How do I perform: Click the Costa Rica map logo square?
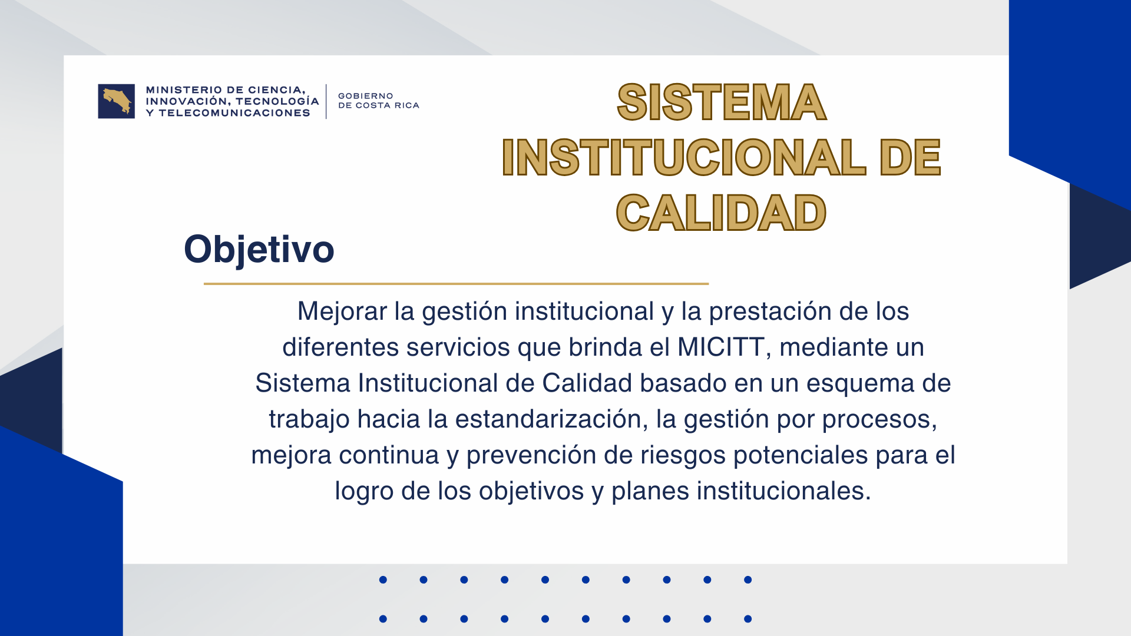pos(116,101)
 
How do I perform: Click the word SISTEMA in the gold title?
pos(722,102)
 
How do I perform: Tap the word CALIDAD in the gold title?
pos(721,213)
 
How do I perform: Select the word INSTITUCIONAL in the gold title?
pos(684,158)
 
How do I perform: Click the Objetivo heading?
pos(259,249)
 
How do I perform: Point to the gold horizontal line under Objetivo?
pos(456,284)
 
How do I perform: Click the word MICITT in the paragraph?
pos(721,347)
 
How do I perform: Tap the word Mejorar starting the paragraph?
pos(342,312)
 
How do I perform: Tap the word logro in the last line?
pos(364,492)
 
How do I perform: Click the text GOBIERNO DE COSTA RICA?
pos(379,101)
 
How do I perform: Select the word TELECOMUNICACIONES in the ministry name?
pos(234,113)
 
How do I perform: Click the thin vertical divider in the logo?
pos(326,101)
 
